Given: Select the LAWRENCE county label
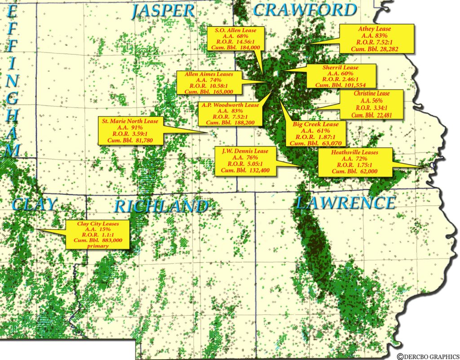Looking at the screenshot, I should click(x=345, y=203).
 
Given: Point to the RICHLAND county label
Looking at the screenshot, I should click(x=162, y=206).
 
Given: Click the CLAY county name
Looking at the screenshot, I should click(x=34, y=204).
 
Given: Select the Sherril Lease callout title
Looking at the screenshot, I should click(x=341, y=67).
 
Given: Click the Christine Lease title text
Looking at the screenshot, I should click(x=372, y=93).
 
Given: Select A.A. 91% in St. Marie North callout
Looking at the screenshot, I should click(x=130, y=127).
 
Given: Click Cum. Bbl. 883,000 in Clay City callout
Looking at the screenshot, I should click(x=98, y=240).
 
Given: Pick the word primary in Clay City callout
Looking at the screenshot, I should click(x=98, y=246).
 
